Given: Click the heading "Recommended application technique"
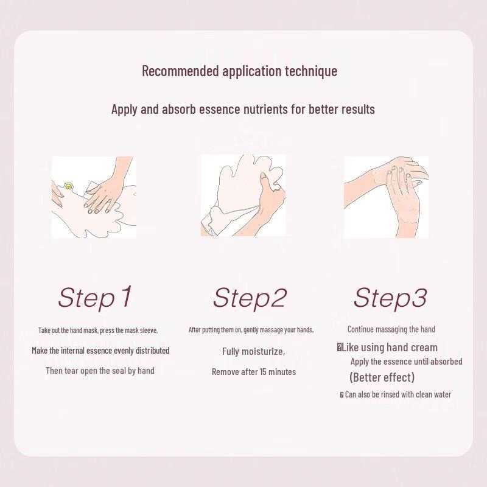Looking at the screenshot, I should coord(239,71).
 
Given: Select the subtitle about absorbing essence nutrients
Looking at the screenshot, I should coord(243,109).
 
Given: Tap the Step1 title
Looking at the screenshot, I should coord(95,297).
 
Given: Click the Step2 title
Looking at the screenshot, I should coord(249,298).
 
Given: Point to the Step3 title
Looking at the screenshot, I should coord(390,298).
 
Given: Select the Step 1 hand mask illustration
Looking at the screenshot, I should coord(93,197).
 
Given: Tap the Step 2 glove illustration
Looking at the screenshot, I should coord(243,195).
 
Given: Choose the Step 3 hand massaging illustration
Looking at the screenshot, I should coord(386,197).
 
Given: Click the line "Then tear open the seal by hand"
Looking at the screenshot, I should coord(100,370).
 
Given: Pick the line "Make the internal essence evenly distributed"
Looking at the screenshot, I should coord(100,350).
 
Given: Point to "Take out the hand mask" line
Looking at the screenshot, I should coord(98,330).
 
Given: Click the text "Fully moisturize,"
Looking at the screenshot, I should coord(253,351).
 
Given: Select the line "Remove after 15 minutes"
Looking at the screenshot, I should coord(254,371).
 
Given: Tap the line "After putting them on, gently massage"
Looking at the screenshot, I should coord(251,329).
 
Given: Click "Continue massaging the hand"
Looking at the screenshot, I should coord(391,329).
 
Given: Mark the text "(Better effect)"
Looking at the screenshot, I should coord(382,377).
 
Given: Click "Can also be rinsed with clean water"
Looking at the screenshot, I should coord(398,394).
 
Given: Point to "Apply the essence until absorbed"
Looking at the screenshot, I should coord(406,362).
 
